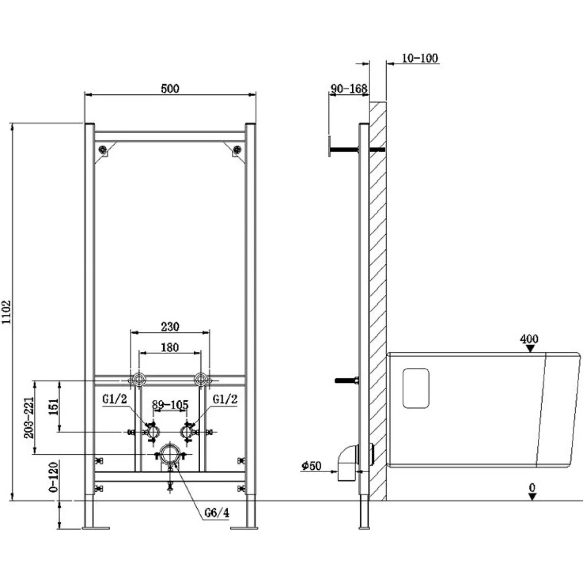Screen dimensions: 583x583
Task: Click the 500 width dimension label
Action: tap(170, 88)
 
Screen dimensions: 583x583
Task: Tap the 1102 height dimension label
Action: tap(6, 311)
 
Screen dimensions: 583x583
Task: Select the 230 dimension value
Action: tap(170, 327)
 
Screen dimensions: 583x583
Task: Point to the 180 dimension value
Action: tap(170, 348)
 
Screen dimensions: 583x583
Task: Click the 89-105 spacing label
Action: tap(170, 405)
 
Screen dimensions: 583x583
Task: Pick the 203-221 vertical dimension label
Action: tap(29, 417)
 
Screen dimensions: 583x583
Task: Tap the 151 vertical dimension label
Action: tap(53, 407)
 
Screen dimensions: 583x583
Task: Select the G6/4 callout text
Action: tap(217, 513)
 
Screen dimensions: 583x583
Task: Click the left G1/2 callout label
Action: tap(115, 399)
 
